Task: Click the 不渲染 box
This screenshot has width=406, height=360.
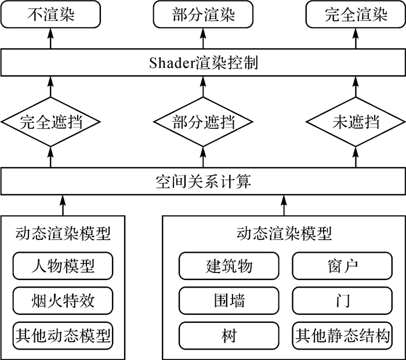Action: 50,14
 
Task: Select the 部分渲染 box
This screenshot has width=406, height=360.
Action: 203,14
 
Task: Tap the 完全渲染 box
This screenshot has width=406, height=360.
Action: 356,14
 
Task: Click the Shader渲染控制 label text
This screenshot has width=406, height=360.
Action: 204,63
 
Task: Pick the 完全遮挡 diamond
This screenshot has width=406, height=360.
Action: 50,122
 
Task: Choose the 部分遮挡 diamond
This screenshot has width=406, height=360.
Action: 203,122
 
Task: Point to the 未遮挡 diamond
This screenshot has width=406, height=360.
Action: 356,122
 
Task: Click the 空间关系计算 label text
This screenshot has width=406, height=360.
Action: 204,181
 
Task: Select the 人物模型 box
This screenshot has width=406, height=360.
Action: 63,266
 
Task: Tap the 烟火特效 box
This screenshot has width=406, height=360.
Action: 63,301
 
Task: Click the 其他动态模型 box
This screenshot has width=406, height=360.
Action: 63,336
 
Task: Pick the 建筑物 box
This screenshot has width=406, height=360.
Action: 229,266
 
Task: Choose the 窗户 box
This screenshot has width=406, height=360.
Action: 342,266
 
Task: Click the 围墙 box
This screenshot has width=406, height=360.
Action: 229,301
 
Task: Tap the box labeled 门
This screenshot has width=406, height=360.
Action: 342,301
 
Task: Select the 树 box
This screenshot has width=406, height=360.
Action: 229,336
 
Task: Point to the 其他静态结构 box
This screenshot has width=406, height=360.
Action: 342,336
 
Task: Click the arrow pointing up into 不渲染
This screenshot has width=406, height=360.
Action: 50,38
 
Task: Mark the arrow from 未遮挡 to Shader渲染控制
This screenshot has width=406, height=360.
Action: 356,87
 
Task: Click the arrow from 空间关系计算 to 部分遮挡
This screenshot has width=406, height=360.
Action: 203,157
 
